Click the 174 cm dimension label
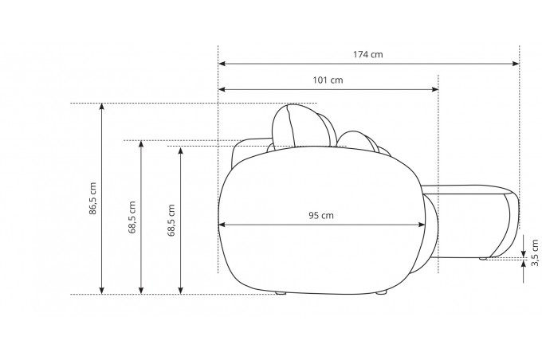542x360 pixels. coord(367,55)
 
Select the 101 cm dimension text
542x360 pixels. coord(328,80)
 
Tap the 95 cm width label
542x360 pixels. coord(321,216)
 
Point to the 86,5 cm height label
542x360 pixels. coord(92,198)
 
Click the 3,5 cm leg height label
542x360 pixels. coord(535,252)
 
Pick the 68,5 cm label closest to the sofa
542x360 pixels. coord(171,220)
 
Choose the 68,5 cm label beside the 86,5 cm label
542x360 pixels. coord(132,217)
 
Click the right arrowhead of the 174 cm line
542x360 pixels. coord(516,64)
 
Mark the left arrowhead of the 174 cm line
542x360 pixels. coord(222,64)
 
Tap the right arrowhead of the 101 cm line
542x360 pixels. coord(435,89)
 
